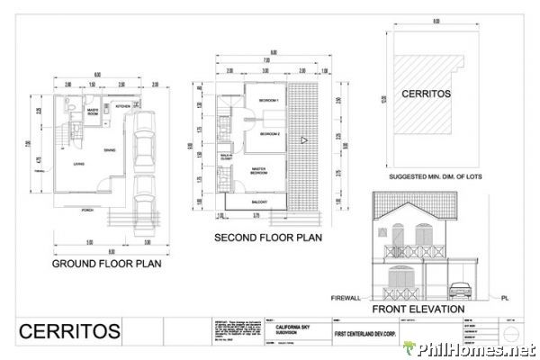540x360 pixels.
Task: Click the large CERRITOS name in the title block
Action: (x=69, y=331)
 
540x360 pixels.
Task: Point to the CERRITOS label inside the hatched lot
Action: (x=425, y=94)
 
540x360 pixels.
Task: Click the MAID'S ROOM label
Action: (x=92, y=112)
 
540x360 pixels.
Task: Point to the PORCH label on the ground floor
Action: (x=88, y=210)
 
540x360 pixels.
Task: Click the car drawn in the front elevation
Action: (x=459, y=290)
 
